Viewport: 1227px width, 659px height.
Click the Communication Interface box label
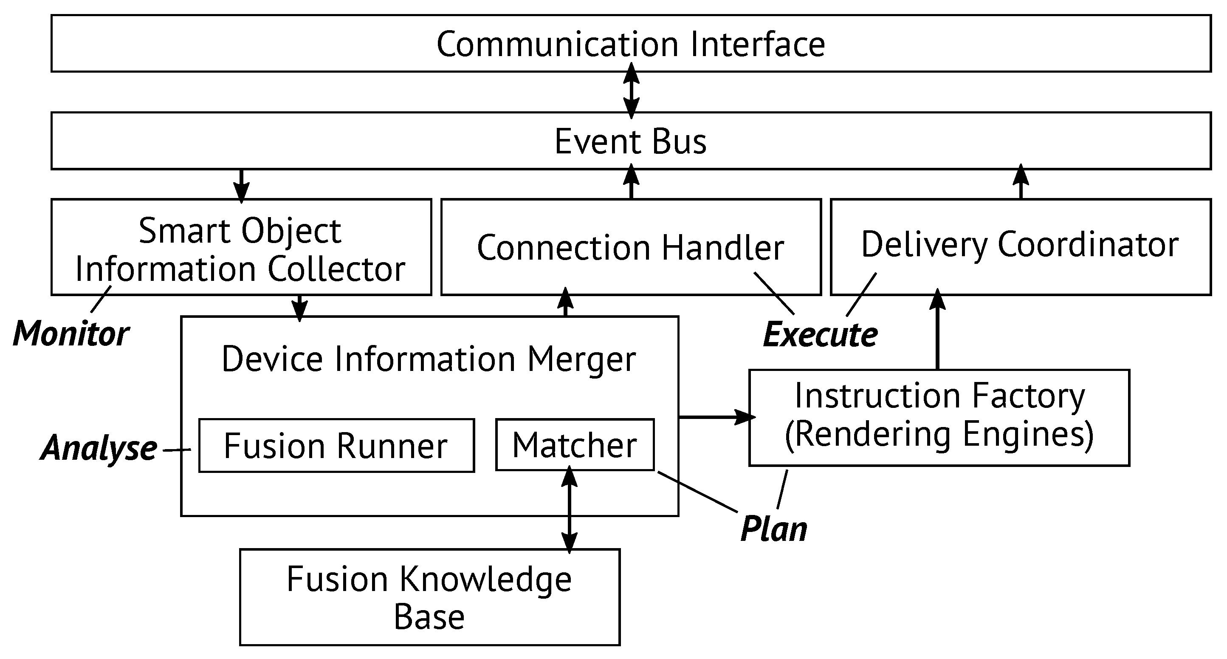coord(630,44)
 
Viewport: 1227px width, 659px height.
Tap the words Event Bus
coord(630,141)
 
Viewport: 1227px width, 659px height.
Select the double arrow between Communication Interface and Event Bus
coord(631,91)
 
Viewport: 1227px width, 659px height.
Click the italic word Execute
coord(820,334)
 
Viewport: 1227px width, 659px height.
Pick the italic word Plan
coord(774,529)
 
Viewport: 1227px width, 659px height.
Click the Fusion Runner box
coord(336,446)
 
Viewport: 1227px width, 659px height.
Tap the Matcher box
coord(575,444)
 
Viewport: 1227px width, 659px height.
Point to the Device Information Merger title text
coord(429,358)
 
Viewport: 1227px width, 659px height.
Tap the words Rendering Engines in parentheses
coord(938,435)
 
